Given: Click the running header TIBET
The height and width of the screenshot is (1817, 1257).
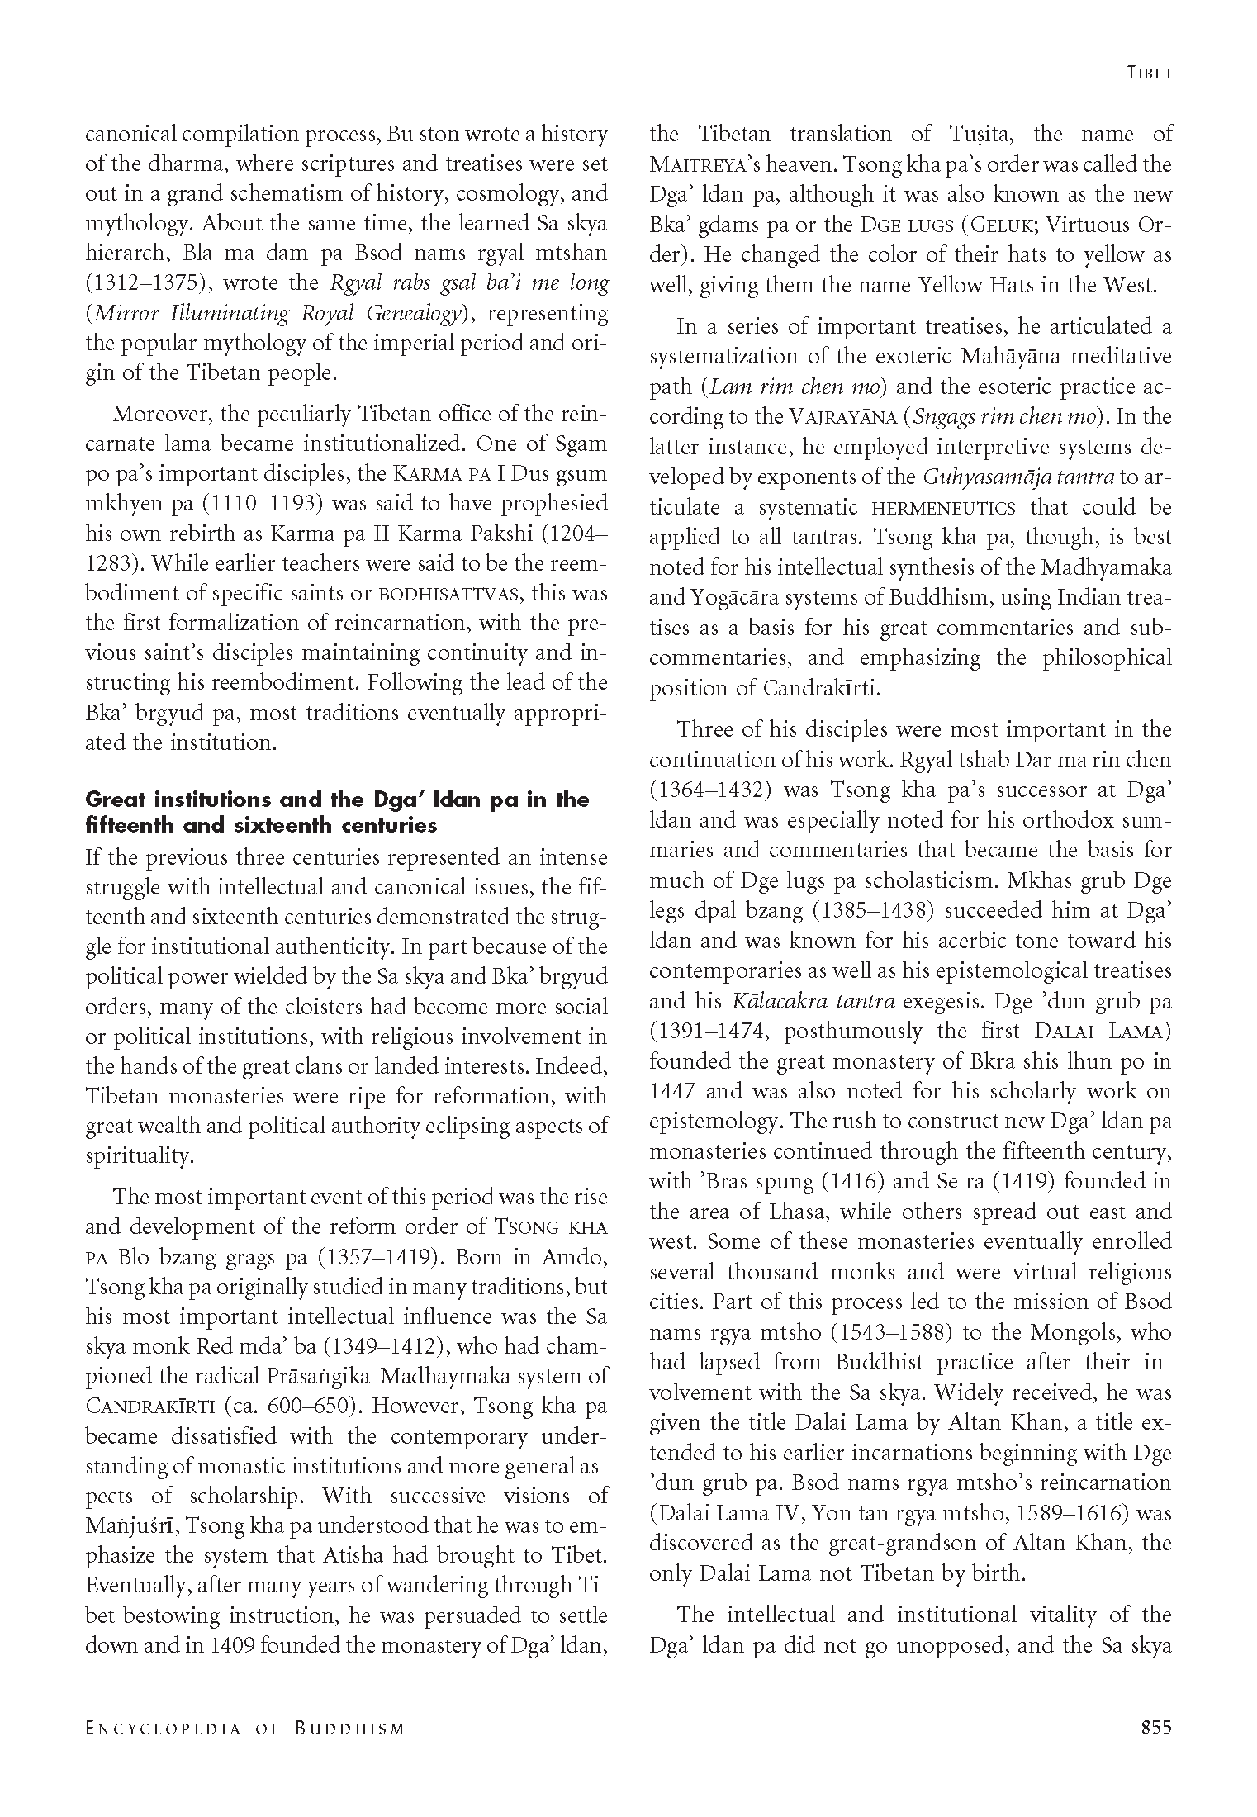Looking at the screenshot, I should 1149,74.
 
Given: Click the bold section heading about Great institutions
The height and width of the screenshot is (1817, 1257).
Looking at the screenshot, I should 337,812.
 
